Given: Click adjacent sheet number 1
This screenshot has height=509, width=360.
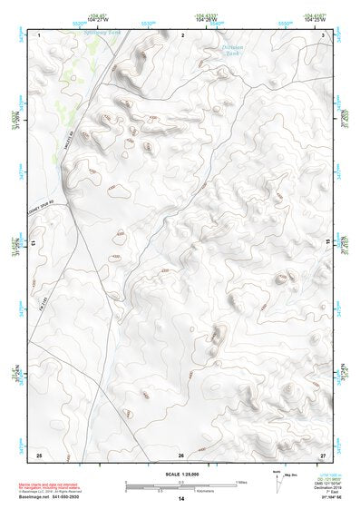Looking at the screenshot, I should point(40,33).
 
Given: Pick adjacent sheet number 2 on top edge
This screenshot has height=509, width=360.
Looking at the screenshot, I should point(182,33).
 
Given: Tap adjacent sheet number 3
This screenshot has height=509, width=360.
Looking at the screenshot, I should point(324,33).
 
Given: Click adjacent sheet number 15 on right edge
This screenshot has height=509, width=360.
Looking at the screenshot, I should point(327,243).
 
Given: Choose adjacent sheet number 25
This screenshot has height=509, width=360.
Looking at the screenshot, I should point(38,454).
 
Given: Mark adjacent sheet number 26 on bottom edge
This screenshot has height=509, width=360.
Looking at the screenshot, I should point(181,454).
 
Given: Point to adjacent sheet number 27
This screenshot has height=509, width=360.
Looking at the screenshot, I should point(322,454).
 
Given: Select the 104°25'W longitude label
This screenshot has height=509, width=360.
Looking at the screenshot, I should point(315,20).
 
